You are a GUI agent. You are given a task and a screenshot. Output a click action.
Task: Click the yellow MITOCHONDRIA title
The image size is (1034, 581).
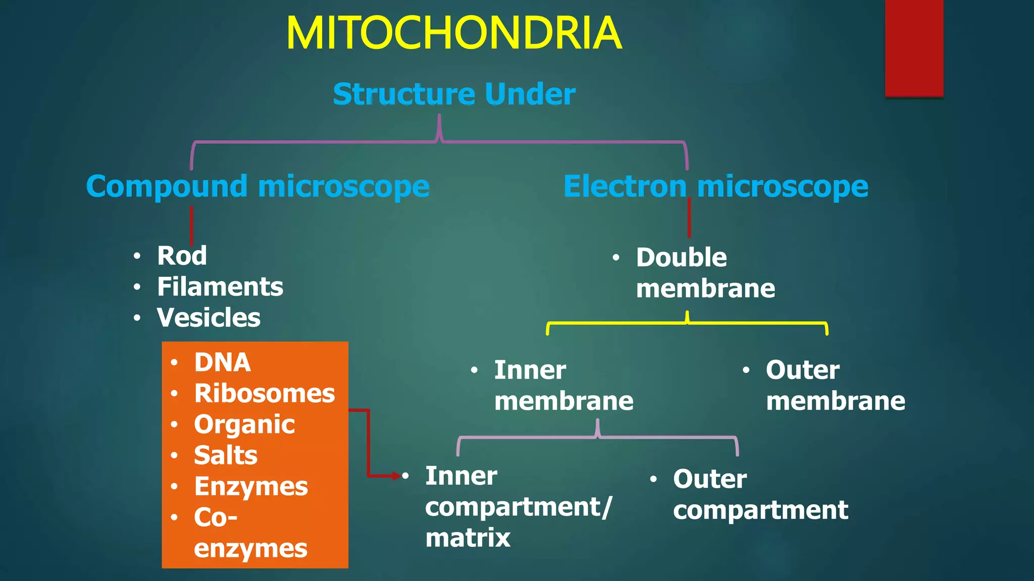point(453,33)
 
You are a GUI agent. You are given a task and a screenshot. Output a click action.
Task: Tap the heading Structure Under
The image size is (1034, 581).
point(453,94)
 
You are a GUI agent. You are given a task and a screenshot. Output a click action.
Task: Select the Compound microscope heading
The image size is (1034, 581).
point(257,187)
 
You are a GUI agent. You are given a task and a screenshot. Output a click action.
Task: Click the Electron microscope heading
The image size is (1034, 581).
point(715,187)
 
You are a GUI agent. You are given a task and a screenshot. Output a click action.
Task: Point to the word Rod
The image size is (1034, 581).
point(182,256)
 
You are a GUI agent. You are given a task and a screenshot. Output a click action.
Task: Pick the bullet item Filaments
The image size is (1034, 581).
point(220,287)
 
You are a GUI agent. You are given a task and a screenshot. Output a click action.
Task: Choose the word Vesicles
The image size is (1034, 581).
point(208,318)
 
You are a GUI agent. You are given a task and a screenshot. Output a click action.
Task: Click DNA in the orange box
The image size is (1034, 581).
point(222,363)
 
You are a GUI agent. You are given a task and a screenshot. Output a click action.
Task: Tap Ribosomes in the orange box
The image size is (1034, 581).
point(264,393)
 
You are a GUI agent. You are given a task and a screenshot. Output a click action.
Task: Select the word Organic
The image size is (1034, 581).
point(244,425)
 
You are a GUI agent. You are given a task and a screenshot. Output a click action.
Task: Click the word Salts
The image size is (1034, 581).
point(225,455)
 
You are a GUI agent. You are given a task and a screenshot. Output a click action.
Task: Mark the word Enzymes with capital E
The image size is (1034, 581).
point(250,487)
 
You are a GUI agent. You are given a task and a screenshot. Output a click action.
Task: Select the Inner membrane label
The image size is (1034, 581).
point(563,386)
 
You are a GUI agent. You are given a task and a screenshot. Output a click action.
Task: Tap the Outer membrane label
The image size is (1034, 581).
point(835,386)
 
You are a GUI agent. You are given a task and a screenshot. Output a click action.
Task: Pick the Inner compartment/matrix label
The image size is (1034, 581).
point(518,506)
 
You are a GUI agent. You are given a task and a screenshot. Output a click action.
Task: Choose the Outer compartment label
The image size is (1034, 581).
point(760,494)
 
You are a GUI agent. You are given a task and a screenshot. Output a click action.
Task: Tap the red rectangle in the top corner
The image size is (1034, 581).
point(914,48)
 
